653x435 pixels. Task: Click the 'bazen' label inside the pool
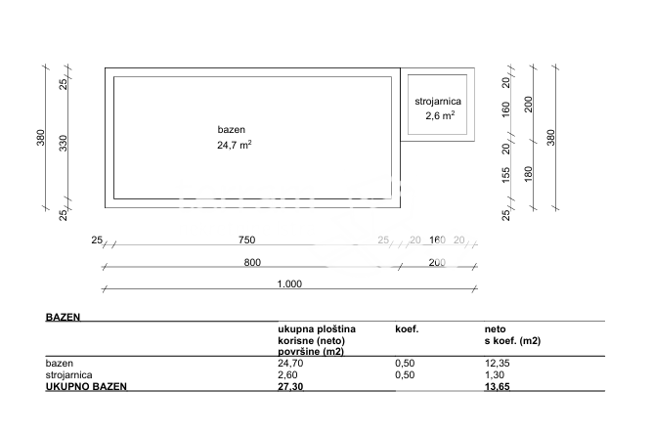pyautogui.click(x=232, y=130)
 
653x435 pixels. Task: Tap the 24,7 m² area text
pyautogui.click(x=235, y=145)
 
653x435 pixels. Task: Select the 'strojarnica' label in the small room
pyautogui.click(x=439, y=101)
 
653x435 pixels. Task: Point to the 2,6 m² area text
pyautogui.click(x=440, y=115)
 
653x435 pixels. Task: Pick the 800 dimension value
pyautogui.click(x=252, y=262)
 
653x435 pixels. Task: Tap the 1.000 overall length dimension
pyautogui.click(x=289, y=284)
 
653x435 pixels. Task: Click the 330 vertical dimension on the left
pyautogui.click(x=64, y=144)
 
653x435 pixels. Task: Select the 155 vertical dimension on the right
pyautogui.click(x=505, y=176)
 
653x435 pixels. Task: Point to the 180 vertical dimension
pyautogui.click(x=529, y=175)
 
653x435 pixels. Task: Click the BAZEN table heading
pyautogui.click(x=63, y=318)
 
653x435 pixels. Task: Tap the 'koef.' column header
pyautogui.click(x=407, y=329)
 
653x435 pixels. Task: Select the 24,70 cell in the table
pyautogui.click(x=290, y=363)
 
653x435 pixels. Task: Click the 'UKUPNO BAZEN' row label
pyautogui.click(x=86, y=386)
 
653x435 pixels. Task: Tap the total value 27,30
pyautogui.click(x=290, y=386)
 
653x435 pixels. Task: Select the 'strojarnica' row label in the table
pyautogui.click(x=68, y=373)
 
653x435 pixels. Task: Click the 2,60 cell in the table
pyautogui.click(x=288, y=373)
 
